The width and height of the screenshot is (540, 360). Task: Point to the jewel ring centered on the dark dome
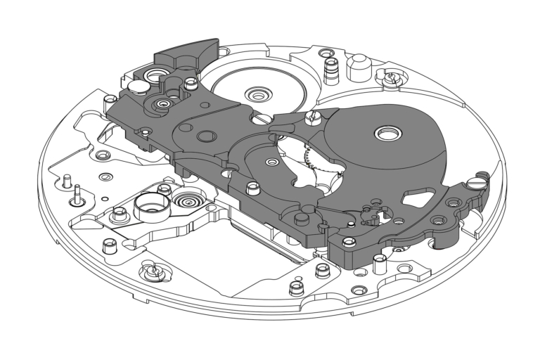click(386, 133)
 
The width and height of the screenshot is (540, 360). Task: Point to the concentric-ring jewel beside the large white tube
click(188, 202)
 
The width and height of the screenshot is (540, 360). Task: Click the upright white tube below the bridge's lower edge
click(380, 264)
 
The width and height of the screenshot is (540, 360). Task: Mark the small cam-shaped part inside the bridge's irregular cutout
click(370, 214)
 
